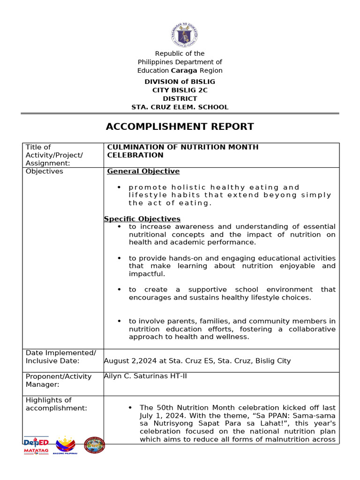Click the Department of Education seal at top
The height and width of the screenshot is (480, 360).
[184, 35]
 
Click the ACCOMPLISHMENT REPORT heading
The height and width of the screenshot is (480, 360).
[180, 126]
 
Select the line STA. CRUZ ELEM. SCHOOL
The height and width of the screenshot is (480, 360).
[180, 107]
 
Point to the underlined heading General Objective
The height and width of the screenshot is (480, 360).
[143, 171]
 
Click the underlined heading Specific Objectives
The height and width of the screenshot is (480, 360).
[142, 219]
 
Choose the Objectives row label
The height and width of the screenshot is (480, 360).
[44, 171]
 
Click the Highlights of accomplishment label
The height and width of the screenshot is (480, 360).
[56, 404]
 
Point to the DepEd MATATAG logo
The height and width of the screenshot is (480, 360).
[36, 445]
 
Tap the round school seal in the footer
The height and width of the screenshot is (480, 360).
[94, 445]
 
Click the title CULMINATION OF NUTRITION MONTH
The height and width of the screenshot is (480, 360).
[183, 147]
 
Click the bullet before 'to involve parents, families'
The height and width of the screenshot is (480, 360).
[120, 321]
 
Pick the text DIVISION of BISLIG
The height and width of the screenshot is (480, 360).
[180, 82]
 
